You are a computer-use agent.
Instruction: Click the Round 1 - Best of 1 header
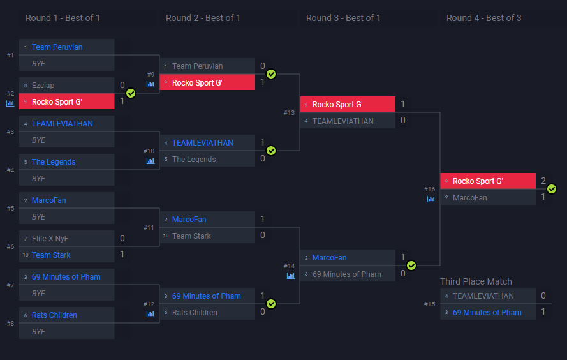63,18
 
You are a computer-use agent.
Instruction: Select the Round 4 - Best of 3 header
483,18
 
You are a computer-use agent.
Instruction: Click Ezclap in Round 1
43,86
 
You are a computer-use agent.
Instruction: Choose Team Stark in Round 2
191,236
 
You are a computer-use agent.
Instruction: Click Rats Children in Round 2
195,313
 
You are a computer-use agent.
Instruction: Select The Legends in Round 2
194,160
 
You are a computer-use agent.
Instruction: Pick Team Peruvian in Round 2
197,66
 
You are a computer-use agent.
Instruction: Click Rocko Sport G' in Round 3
337,105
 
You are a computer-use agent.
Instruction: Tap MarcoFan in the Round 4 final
469,198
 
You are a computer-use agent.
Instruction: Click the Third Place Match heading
476,281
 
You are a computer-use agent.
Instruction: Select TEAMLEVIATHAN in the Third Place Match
483,296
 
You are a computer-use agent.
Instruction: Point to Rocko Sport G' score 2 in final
543,181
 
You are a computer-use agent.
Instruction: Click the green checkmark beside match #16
552,189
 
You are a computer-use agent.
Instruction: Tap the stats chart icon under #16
431,199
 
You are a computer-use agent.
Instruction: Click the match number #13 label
290,112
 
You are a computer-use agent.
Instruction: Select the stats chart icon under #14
291,276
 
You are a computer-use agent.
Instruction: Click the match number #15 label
429,304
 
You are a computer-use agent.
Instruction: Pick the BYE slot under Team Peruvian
38,64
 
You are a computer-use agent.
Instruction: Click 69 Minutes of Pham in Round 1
66,277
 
